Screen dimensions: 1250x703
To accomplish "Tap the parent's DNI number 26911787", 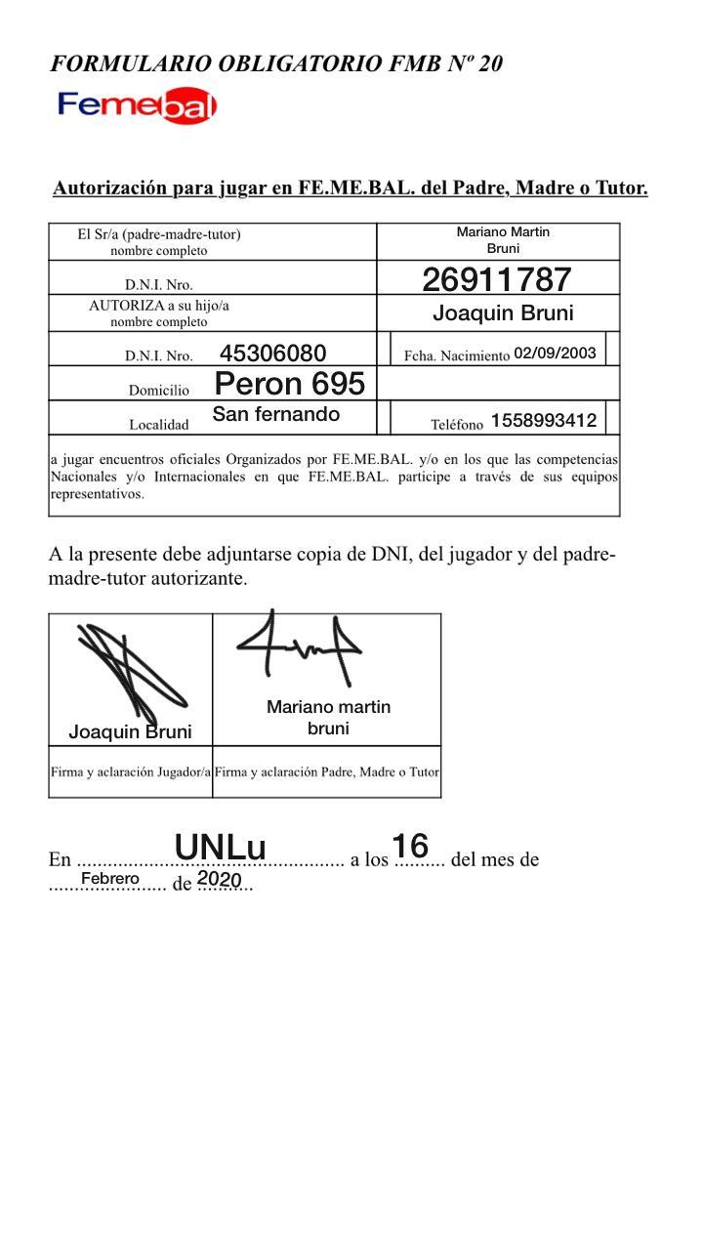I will [496, 280].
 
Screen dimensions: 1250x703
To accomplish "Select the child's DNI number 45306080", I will [272, 354].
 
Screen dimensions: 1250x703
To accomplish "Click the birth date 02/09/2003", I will [555, 353].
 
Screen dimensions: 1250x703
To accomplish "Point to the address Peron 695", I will [289, 384].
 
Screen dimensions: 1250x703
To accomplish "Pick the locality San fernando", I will [276, 414].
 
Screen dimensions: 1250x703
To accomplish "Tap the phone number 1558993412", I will [544, 421].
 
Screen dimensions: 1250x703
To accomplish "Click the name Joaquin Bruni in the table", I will [503, 313].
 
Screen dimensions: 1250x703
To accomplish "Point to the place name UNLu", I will [220, 847].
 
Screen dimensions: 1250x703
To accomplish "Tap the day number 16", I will [410, 846].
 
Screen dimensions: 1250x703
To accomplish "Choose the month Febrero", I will [110, 879].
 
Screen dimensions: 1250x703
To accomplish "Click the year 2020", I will [219, 879].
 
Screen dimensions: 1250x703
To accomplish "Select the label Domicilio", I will [159, 391].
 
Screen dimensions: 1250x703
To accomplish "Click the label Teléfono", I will [457, 424].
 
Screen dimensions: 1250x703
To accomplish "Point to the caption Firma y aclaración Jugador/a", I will [131, 771].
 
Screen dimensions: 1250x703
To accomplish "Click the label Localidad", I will [158, 424].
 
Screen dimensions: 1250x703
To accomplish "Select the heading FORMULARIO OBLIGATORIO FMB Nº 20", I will [276, 64].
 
